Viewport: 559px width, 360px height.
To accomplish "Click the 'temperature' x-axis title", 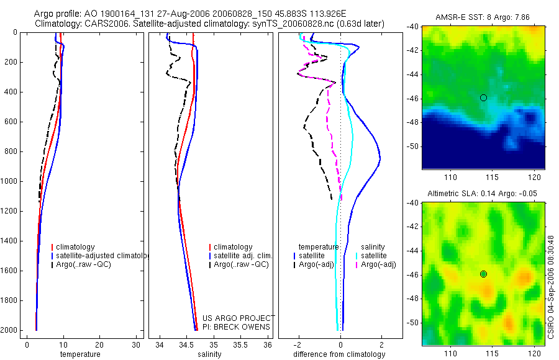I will [80, 354].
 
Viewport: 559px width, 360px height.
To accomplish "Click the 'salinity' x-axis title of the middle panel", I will [208, 354].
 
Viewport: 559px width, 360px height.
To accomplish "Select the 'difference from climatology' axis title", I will [339, 354].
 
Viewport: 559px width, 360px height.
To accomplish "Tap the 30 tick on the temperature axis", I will [136, 344].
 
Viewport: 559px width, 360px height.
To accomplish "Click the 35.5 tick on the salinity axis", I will [240, 344].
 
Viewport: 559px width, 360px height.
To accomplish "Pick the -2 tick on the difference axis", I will [299, 344].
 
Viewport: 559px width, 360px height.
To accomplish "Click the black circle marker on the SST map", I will [483, 97].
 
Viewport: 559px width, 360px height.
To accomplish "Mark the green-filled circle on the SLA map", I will [483, 274].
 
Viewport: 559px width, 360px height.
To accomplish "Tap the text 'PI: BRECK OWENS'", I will [236, 326].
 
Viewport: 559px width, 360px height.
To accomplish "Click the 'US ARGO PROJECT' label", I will [239, 318].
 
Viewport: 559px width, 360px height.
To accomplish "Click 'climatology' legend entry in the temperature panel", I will [75, 247].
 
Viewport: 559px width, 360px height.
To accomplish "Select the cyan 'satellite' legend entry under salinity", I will [374, 256].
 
